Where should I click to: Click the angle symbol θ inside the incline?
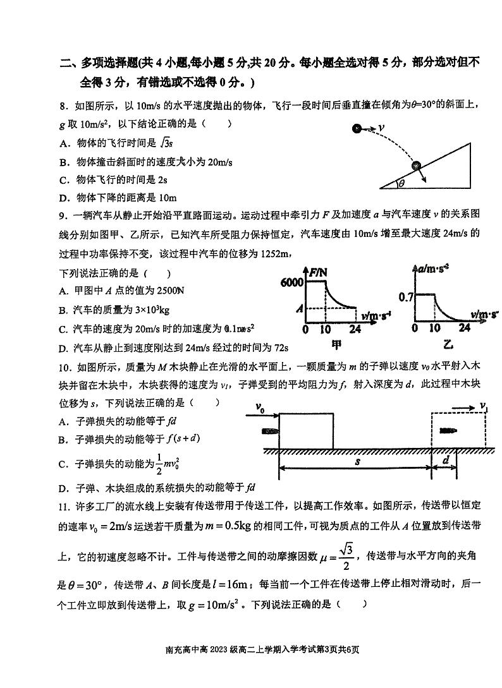click(x=401, y=184)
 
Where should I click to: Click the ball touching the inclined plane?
click(x=416, y=166)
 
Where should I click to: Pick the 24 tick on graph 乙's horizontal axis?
click(x=465, y=328)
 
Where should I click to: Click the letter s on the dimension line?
click(x=357, y=461)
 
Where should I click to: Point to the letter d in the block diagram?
click(x=446, y=461)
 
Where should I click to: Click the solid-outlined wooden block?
click(x=306, y=430)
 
